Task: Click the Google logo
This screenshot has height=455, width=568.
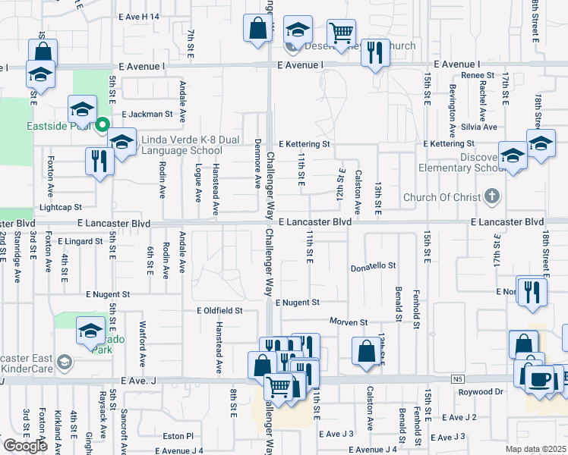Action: click(24, 447)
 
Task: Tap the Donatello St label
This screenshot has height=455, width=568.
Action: click(373, 266)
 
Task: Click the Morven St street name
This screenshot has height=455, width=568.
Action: click(348, 322)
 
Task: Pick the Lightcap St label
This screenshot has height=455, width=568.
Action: click(60, 206)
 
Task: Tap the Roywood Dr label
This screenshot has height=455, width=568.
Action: click(481, 392)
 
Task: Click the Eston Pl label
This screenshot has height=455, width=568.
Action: click(179, 436)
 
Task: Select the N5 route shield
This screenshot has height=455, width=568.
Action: click(456, 379)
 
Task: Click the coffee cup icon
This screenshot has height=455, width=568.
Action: click(541, 377)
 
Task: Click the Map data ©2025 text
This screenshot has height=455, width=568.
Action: click(536, 449)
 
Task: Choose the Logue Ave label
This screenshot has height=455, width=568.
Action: click(198, 183)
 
